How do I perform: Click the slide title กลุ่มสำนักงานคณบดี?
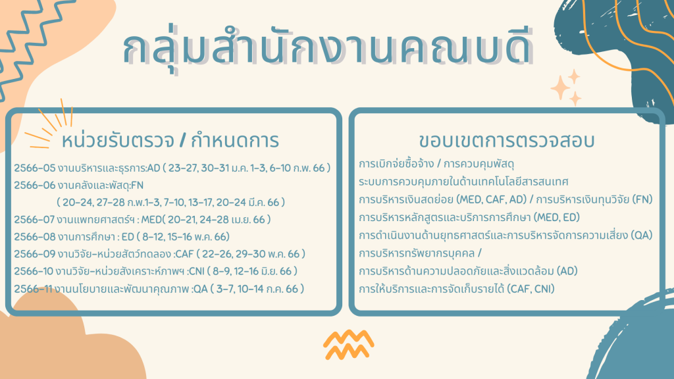328,48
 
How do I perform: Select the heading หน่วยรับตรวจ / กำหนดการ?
170,141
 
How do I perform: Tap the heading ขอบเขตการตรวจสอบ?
507,141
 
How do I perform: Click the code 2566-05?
35,168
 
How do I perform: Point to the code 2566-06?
35,185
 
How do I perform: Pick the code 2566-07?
34,220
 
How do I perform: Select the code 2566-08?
35,237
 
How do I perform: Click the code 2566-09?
35,254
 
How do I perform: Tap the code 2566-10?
34,271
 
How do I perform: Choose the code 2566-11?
33,289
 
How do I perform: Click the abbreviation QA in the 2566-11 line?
201,289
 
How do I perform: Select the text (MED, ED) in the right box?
557,217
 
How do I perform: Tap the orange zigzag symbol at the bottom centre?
349,345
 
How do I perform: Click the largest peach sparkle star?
561,88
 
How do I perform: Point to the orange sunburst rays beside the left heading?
49,124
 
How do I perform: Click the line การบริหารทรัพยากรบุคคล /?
420,253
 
